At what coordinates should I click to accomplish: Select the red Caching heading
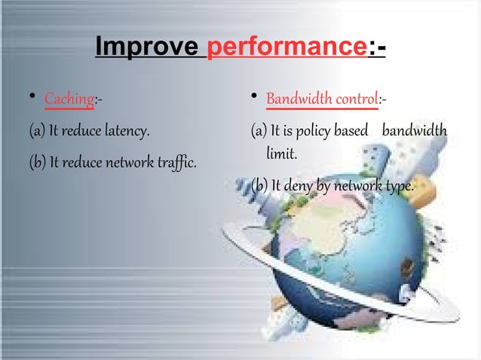coord(69,99)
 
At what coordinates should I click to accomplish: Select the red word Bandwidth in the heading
coord(298,99)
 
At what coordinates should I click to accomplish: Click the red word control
coord(354,99)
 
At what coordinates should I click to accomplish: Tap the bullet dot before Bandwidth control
coord(256,96)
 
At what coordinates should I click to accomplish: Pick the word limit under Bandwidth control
coord(281,153)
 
